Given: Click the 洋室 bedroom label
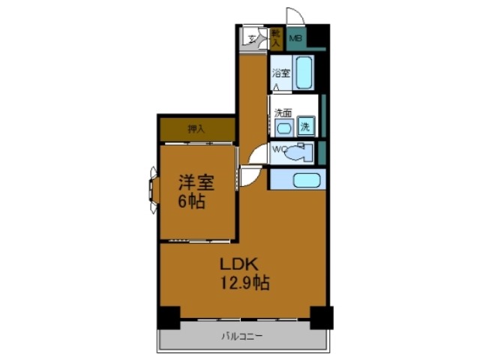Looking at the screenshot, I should (x=196, y=182).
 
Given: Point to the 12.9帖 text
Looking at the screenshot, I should (x=244, y=283).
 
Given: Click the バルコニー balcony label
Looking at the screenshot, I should (x=241, y=337).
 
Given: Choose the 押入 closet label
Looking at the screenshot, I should (x=196, y=129).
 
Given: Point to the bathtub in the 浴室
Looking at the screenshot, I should (x=304, y=73).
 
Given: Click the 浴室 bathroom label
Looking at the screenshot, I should (x=280, y=73).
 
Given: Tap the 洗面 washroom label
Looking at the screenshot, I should (x=283, y=113).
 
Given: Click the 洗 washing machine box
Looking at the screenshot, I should (x=305, y=127).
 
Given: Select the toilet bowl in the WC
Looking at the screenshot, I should (x=298, y=153).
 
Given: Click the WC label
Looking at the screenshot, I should (x=278, y=149).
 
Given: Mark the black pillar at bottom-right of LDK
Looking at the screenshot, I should (x=322, y=318).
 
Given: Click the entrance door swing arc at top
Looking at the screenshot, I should (x=295, y=17).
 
